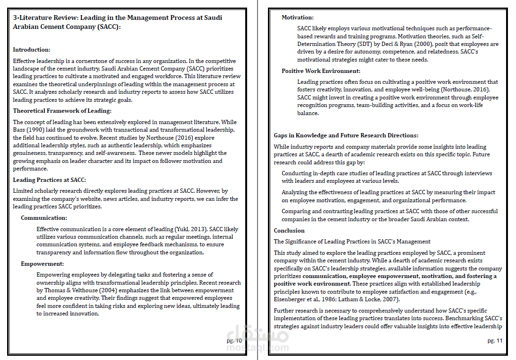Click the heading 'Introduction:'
pyautogui.click(x=32, y=50)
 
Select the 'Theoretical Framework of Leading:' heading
pyautogui.click(x=62, y=111)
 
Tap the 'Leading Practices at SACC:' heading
pyautogui.click(x=49, y=180)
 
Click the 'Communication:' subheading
pyautogui.click(x=44, y=218)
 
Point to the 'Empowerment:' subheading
pyautogui.click(x=42, y=264)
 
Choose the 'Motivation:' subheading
pyautogui.click(x=297, y=18)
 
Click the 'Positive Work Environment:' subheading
pyautogui.click(x=321, y=71)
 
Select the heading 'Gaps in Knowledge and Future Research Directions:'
pyautogui.click(x=346, y=135)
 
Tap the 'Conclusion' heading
pyautogui.click(x=289, y=231)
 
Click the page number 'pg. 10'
pyautogui.click(x=234, y=341)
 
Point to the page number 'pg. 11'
pyautogui.click(x=495, y=341)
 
